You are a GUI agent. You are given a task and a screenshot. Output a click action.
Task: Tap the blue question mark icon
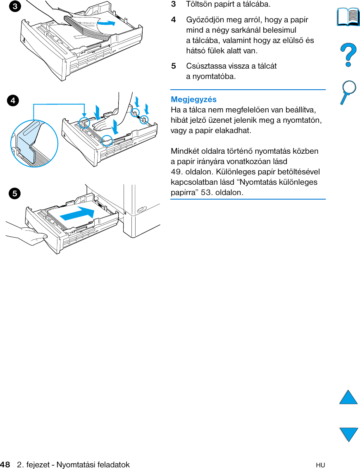point(348,56)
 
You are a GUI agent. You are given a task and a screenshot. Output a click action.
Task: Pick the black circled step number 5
point(14,193)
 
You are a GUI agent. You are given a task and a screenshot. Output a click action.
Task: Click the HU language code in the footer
point(320,465)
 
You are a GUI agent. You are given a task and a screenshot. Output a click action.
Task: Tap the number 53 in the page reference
point(205,193)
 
